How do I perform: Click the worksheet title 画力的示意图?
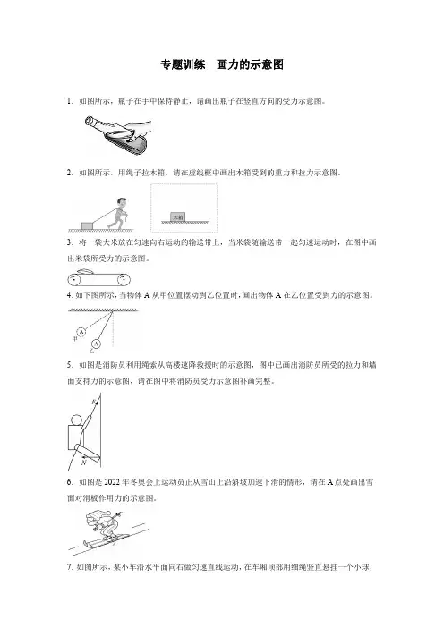250,64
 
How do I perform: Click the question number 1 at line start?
69,101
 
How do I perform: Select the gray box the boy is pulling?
87,226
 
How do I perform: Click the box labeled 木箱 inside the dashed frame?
177,216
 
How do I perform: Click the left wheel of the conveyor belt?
73,279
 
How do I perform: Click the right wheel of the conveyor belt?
124,279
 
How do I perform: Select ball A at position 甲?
81,332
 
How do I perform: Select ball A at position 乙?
96,344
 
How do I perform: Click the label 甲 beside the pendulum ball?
74,339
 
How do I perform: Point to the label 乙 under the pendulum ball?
92,351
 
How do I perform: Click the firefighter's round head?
77,420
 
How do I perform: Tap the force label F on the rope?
93,402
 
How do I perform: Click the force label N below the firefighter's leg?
83,463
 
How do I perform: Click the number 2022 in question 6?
113,482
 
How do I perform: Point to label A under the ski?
115,544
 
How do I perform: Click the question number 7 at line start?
69,566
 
